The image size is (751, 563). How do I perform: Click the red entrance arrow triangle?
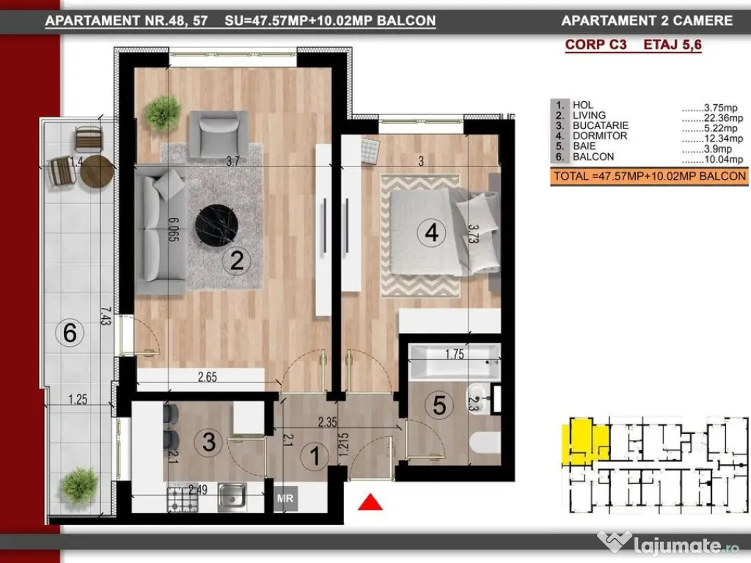tap(370, 502)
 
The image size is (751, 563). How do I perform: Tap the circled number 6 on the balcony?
tap(70, 332)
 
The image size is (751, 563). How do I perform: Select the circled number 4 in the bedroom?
tap(431, 232)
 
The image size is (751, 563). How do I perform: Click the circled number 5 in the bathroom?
tap(439, 405)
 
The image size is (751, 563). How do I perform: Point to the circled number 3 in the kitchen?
tap(208, 442)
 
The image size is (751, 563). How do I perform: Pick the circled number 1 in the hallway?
tap(315, 456)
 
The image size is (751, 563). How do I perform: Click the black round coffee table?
tap(216, 226)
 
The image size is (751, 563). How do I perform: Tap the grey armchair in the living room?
tap(219, 134)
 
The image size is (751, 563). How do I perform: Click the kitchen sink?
tap(232, 498)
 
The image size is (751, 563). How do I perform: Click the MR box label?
tap(285, 498)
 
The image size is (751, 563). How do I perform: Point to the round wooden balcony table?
tap(96, 172)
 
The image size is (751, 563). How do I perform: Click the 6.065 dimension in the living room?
tap(173, 229)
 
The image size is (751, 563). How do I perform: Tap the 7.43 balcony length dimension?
tap(106, 317)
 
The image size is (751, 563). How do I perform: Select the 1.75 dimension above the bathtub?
tap(455, 354)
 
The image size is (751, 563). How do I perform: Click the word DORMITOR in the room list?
tap(600, 136)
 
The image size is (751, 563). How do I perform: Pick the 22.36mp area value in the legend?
tap(723, 118)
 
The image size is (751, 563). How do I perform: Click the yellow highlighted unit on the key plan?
tap(585, 441)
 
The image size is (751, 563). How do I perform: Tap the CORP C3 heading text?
tap(596, 45)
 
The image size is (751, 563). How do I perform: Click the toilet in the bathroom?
tap(485, 441)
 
